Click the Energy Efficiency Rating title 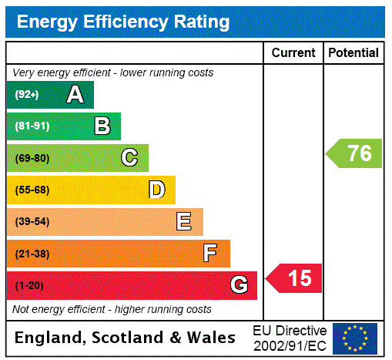click(122, 22)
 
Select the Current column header click(293, 53)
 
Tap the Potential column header click(353, 53)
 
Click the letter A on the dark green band click(75, 95)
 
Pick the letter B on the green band click(102, 126)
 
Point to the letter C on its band click(129, 158)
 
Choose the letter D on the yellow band click(156, 190)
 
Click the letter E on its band click(184, 222)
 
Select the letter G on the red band click(239, 285)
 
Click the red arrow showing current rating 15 click(295, 278)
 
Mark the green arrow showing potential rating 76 click(355, 153)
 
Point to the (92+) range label click(27, 95)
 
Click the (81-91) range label click(32, 126)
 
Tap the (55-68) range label click(32, 190)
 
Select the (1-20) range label click(29, 285)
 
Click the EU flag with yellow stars click(355, 338)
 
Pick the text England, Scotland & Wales click(126, 338)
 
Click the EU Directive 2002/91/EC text click(290, 338)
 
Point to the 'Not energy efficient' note click(112, 309)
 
